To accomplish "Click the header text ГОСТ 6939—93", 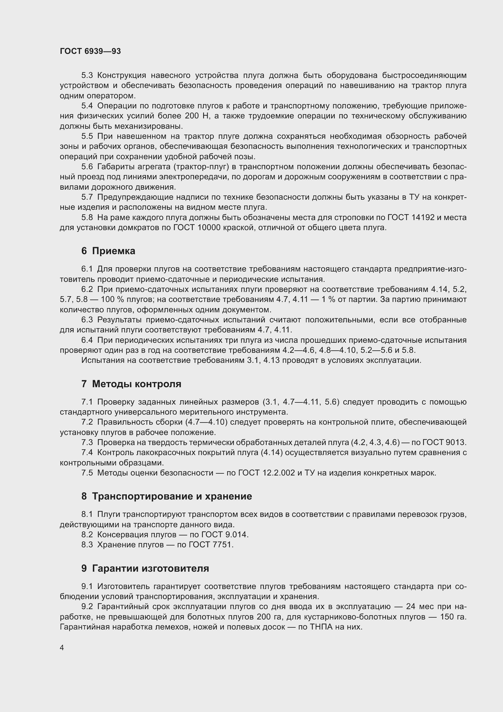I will [x=90, y=51].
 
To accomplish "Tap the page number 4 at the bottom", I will [x=62, y=647].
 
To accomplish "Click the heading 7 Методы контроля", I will [x=131, y=384].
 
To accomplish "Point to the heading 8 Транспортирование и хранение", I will [x=167, y=496].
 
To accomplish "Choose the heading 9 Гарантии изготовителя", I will [x=145, y=568].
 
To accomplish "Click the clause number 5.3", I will [x=87, y=75].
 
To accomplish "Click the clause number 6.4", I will [x=87, y=340].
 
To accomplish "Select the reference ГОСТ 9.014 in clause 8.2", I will [x=224, y=534].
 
